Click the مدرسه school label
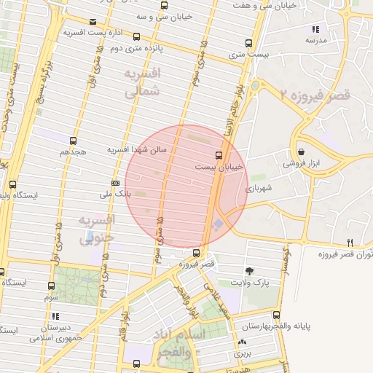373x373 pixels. click(315, 41)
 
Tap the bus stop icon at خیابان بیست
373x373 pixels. click(219, 155)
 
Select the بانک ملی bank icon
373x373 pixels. click(116, 183)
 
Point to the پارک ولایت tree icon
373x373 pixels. click(250, 270)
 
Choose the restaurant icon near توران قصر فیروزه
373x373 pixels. click(350, 243)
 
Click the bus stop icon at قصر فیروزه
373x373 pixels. click(196, 253)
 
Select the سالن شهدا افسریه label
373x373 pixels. click(138, 149)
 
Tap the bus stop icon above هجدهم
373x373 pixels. click(73, 141)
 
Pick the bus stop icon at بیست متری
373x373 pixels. click(249, 43)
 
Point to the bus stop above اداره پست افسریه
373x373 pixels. click(93, 22)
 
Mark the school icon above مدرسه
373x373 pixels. click(315, 29)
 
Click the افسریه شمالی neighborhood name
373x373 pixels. click(141, 83)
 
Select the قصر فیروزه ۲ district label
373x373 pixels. click(315, 95)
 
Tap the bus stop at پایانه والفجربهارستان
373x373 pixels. click(275, 315)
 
